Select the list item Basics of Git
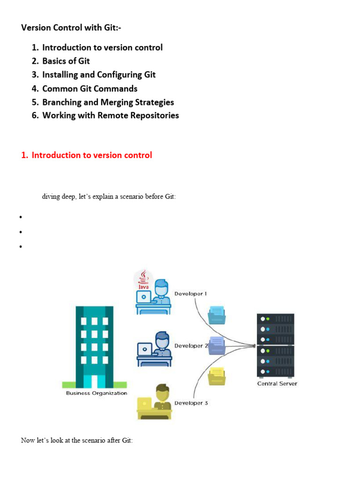point(66,61)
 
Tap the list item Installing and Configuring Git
point(98,75)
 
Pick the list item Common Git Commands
point(90,89)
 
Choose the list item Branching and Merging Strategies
point(108,102)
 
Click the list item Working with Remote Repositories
point(110,115)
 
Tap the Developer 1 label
point(190,294)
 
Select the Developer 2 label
point(191,346)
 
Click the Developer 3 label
point(191,403)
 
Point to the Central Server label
point(277,383)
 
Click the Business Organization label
point(97,393)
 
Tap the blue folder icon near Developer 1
point(217,314)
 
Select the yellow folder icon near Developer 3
point(217,375)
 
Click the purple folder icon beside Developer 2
point(217,345)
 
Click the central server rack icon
point(275,345)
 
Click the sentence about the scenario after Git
point(77,441)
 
